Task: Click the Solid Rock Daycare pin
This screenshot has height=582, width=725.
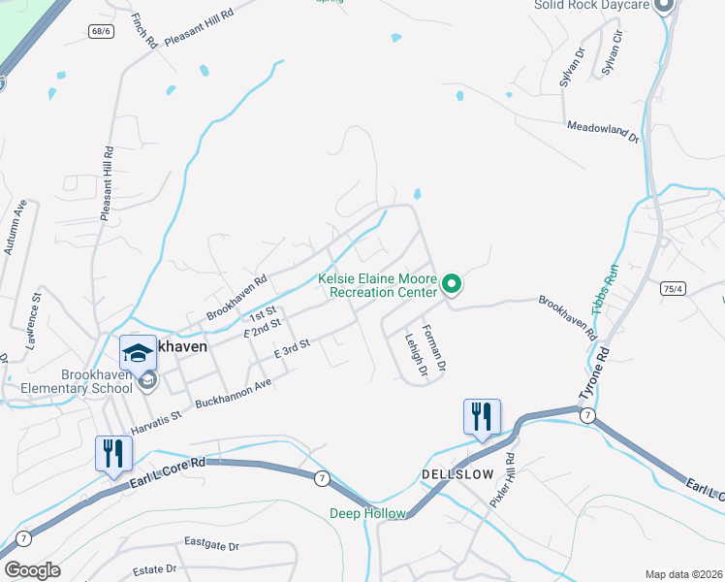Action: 664,6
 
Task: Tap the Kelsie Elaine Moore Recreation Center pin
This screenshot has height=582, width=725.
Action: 451,284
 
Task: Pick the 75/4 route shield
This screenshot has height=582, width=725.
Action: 673,288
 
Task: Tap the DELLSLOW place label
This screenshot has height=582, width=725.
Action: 457,474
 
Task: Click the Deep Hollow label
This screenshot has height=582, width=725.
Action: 367,513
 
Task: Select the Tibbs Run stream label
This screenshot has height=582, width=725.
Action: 611,288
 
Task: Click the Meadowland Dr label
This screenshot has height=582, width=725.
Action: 603,132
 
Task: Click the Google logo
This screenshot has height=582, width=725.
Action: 31,570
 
